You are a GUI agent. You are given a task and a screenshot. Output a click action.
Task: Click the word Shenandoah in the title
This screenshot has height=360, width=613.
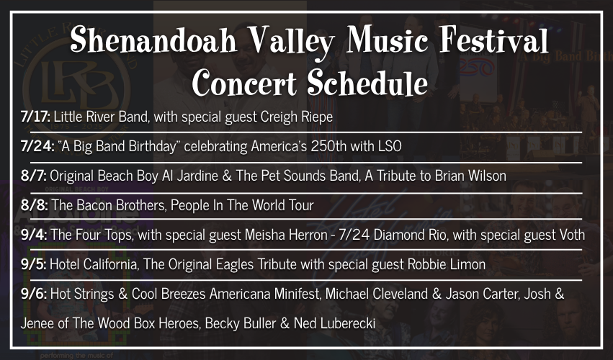(154, 40)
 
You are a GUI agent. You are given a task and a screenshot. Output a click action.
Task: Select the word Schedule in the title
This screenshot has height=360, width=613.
(367, 83)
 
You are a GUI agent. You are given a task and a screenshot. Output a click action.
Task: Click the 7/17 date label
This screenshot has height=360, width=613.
(35, 117)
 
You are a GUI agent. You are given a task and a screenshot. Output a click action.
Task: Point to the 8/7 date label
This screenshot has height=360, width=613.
(34, 176)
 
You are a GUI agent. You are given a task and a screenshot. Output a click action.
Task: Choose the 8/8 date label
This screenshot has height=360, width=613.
(35, 205)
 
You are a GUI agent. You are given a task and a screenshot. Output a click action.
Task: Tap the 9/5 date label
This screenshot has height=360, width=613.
(34, 264)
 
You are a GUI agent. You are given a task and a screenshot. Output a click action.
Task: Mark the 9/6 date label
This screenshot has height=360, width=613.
(34, 294)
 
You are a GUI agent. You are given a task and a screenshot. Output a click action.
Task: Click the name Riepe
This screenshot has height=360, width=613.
(317, 117)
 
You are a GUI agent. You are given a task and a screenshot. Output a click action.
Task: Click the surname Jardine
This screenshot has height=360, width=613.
(197, 176)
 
